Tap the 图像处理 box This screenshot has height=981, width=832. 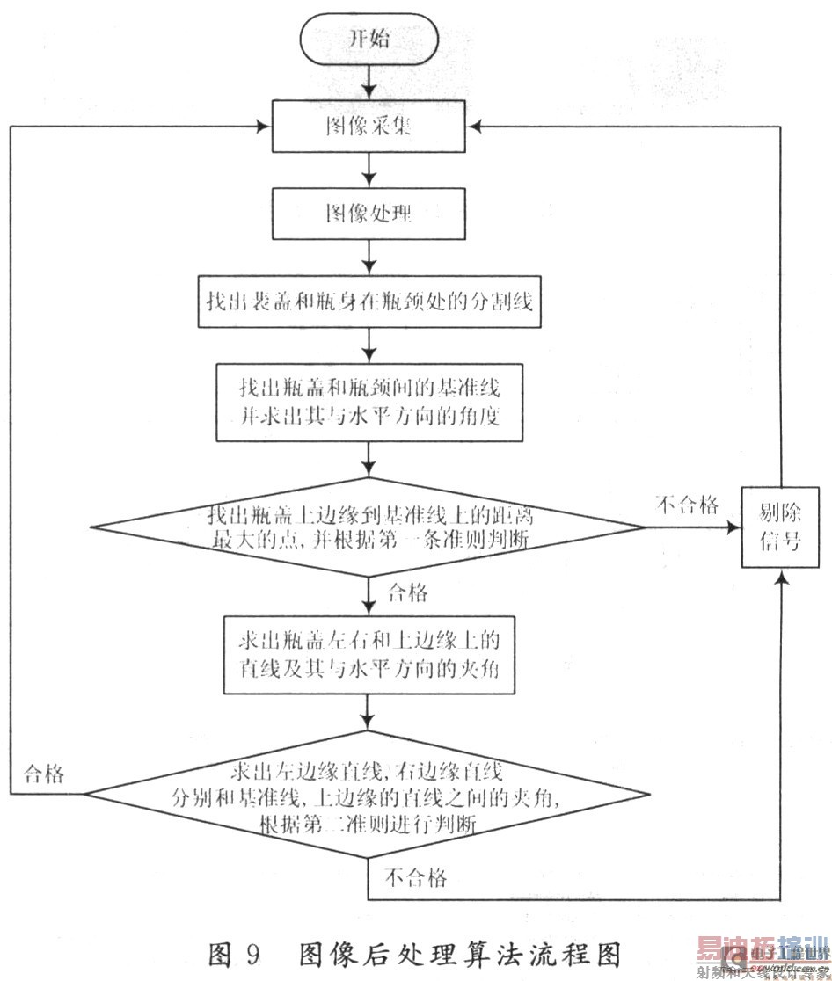point(367,213)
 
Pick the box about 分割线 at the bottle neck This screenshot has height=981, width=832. point(367,302)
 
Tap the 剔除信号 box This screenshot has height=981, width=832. point(780,527)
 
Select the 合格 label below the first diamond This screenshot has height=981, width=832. point(406,593)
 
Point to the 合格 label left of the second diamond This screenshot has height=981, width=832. point(43,774)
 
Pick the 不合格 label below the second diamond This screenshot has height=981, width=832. point(415,876)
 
